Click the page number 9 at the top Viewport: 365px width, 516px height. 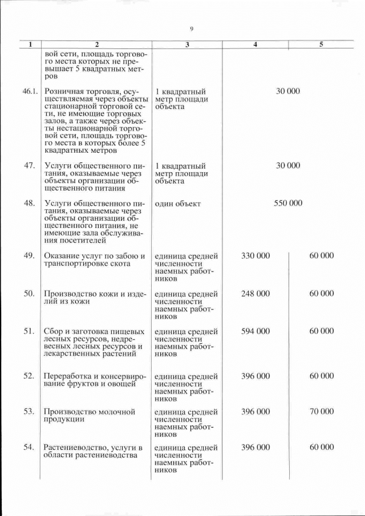192,29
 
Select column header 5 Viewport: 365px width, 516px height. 321,44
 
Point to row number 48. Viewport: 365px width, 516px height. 30,203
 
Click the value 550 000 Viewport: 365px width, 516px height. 288,203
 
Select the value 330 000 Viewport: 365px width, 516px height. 255,256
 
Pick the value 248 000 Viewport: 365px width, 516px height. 255,294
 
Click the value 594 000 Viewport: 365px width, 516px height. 255,331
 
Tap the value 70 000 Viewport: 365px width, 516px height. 322,411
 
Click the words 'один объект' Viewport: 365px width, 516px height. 177,204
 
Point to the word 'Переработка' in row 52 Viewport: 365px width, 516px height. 67,376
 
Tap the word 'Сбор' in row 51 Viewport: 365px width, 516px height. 52,331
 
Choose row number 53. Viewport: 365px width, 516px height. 30,411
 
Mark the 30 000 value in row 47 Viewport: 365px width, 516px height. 288,165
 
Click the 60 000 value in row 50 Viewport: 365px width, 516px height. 322,294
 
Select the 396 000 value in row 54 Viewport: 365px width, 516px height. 255,447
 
